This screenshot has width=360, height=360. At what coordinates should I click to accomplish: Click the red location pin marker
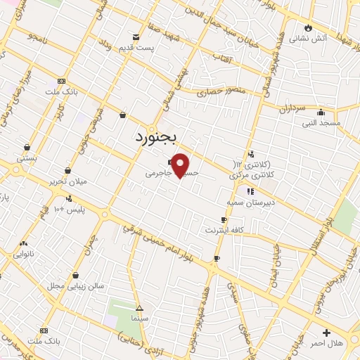tap(180, 165)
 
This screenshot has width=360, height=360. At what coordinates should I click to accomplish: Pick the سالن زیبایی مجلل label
tap(66, 286)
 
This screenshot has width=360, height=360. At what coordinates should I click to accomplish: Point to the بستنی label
tap(27, 159)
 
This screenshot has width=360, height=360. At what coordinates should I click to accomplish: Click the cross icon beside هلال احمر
tap(326, 332)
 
